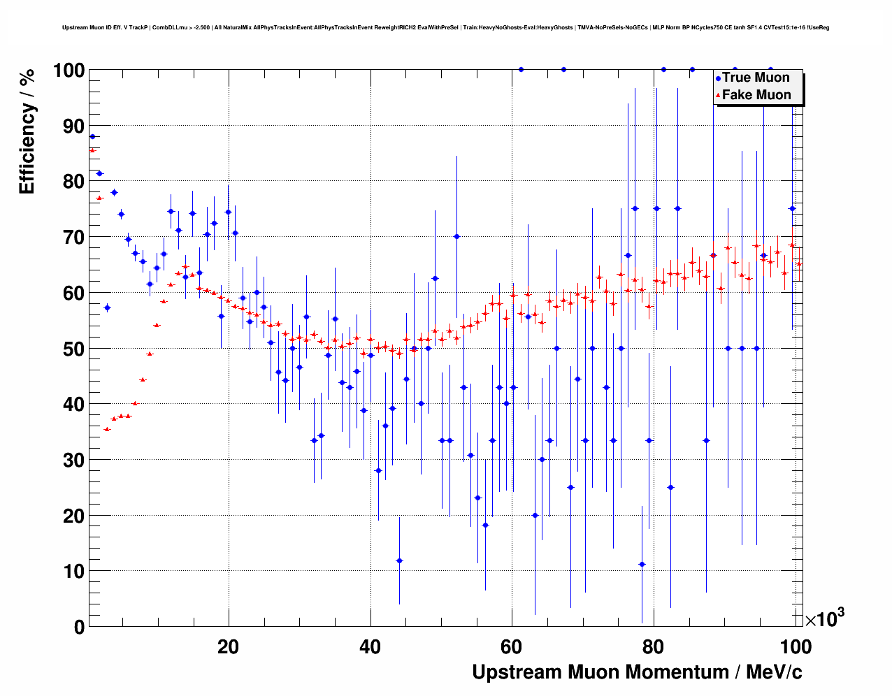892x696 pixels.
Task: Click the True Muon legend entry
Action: (755, 78)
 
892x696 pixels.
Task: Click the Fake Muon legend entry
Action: (756, 95)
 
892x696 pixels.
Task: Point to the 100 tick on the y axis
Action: (70, 71)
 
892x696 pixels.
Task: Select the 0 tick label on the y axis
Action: (79, 627)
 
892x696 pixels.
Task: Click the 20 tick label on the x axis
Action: (228, 646)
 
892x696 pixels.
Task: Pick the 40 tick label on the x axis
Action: (371, 646)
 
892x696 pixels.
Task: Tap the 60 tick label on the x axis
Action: (512, 646)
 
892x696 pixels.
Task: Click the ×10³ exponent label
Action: (824, 618)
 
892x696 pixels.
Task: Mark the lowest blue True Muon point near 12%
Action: (399, 560)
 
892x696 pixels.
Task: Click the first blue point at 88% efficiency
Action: (92, 137)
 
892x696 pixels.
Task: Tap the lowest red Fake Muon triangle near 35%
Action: (107, 429)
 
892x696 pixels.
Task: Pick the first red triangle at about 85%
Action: (92, 150)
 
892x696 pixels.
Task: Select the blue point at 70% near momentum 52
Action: (456, 236)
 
